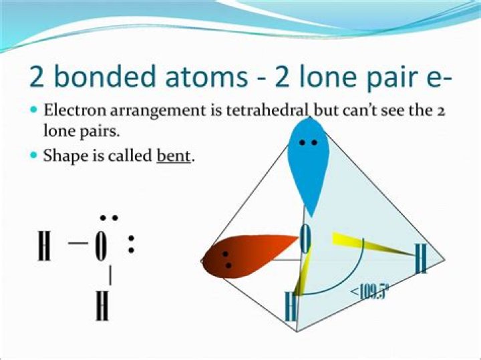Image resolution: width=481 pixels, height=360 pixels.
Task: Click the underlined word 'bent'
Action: pyautogui.click(x=174, y=157)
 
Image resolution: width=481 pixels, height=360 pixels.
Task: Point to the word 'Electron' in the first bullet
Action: pyautogui.click(x=70, y=110)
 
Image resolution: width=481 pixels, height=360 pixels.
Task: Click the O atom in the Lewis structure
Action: pyautogui.click(x=101, y=247)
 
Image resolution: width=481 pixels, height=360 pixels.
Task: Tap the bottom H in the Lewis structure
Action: pyautogui.click(x=102, y=305)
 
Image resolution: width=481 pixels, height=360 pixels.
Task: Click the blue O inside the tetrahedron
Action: pyautogui.click(x=305, y=239)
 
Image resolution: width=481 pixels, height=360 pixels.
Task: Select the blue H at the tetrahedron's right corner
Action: pyautogui.click(x=421, y=259)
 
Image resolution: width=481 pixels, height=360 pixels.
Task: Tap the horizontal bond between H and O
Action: pyautogui.click(x=77, y=244)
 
